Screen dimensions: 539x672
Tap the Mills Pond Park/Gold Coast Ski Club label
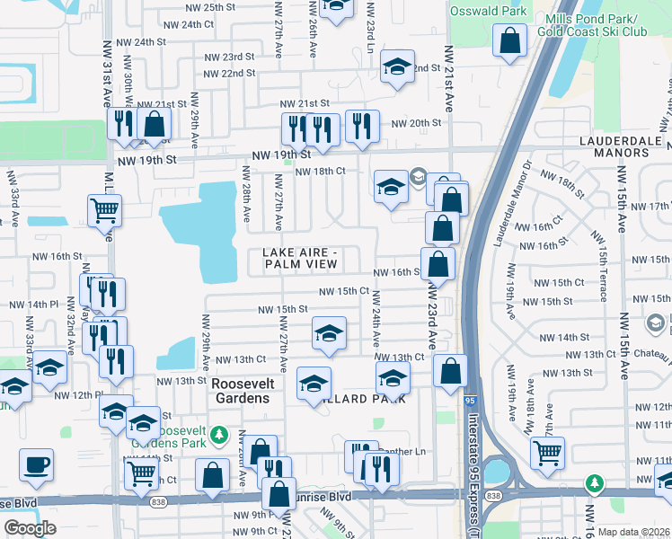(590, 26)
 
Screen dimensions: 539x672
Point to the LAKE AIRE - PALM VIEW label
(301, 258)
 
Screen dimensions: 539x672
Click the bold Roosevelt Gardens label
(240, 391)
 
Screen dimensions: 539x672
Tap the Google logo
(30, 528)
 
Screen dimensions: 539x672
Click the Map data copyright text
(634, 532)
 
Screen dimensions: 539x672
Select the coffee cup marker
(36, 464)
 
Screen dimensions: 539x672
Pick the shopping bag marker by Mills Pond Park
(510, 40)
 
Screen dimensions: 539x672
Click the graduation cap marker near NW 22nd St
(396, 66)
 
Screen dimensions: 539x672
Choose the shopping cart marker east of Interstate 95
(546, 453)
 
